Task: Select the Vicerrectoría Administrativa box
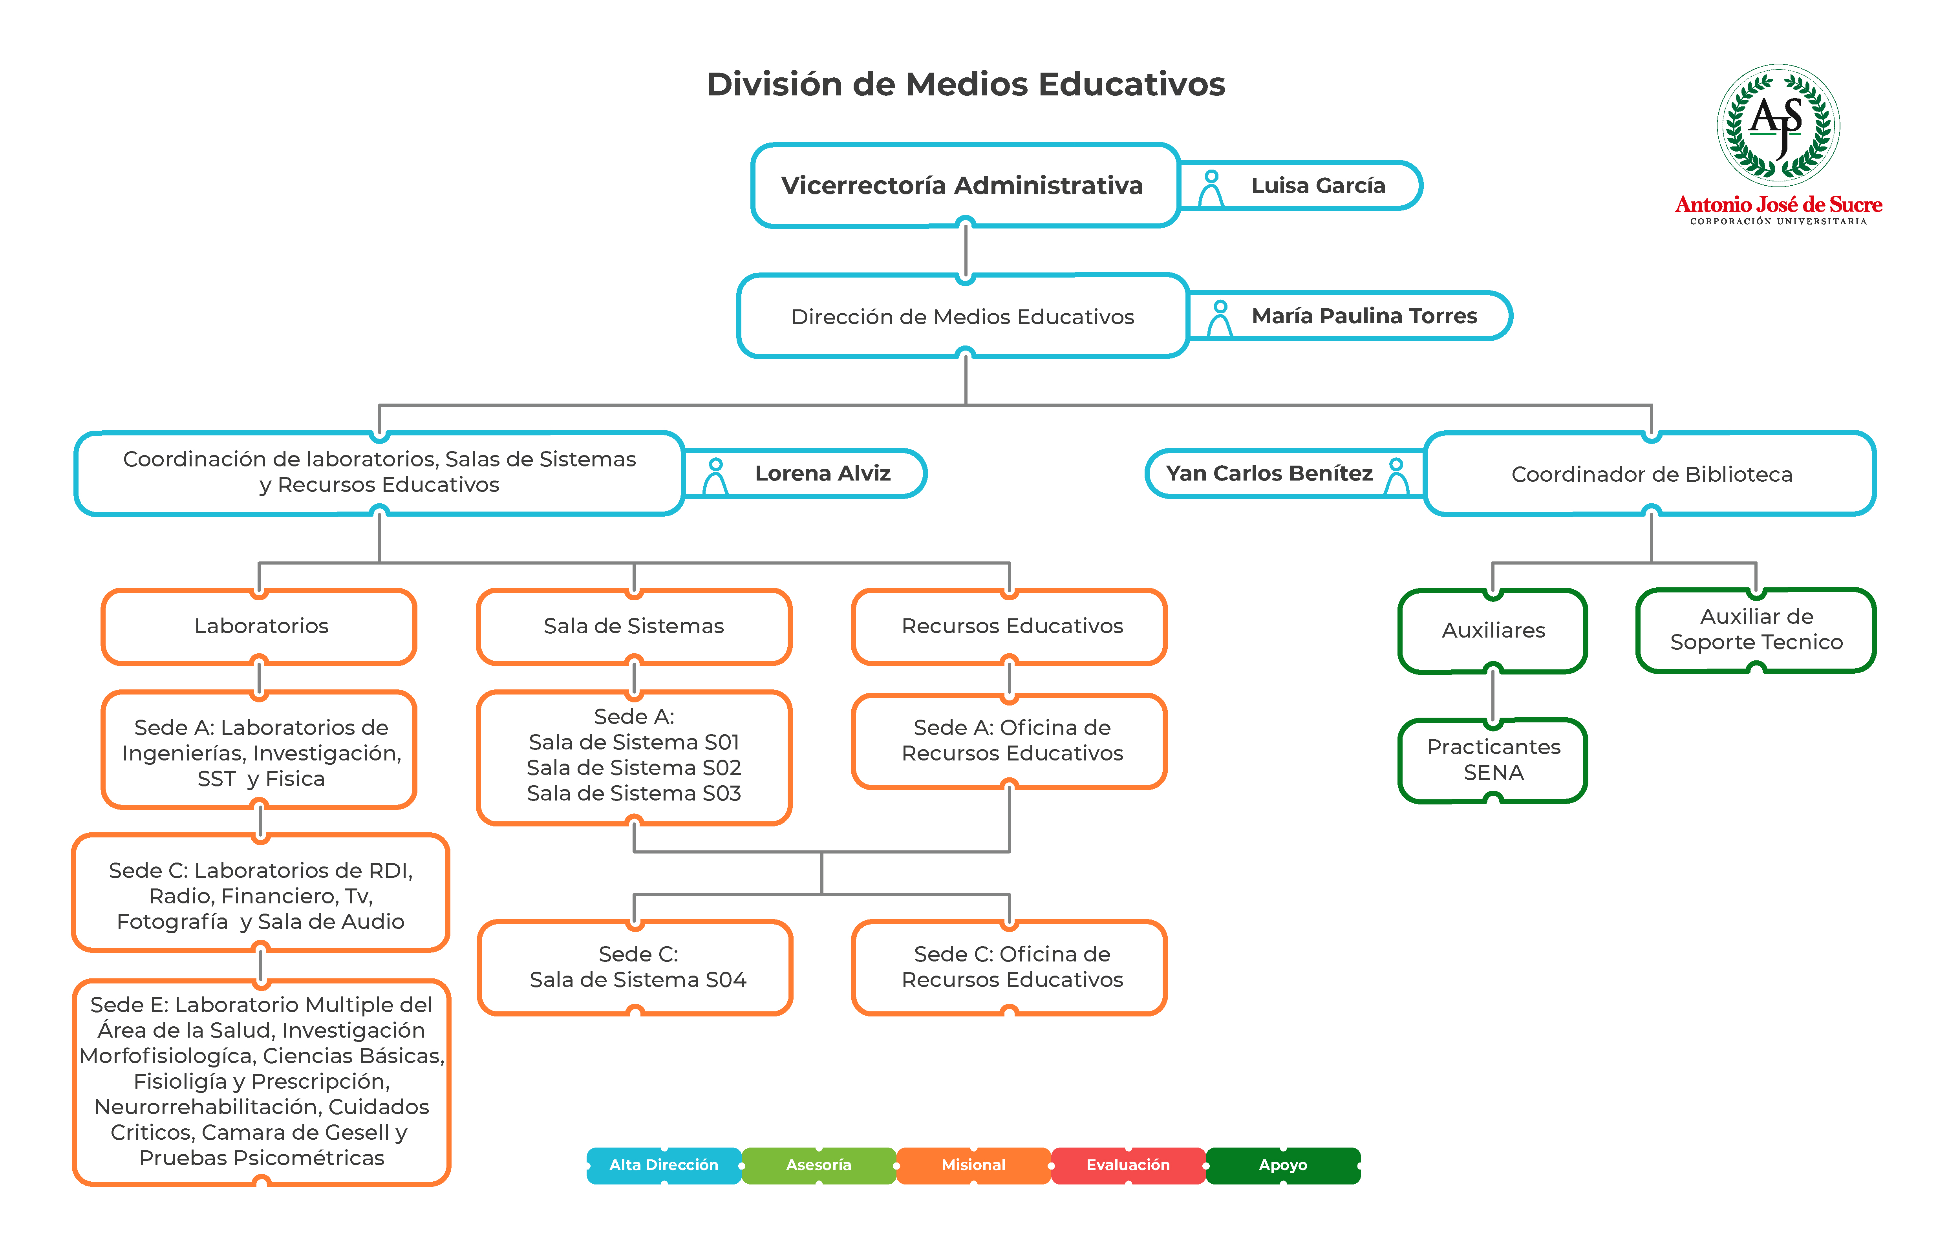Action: coord(965,185)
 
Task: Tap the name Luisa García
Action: coord(1318,185)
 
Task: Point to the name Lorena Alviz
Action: coord(823,473)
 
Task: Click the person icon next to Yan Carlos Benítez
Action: coord(1397,476)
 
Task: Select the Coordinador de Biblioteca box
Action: coord(1650,474)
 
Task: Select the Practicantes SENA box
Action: coord(1493,760)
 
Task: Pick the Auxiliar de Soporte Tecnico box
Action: coord(1756,630)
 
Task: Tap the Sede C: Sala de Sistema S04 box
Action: coord(635,967)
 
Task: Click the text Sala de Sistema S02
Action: coord(634,768)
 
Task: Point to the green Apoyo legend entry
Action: coord(1283,1165)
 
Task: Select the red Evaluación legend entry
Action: coord(1129,1165)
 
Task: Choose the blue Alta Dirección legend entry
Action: coord(664,1165)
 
